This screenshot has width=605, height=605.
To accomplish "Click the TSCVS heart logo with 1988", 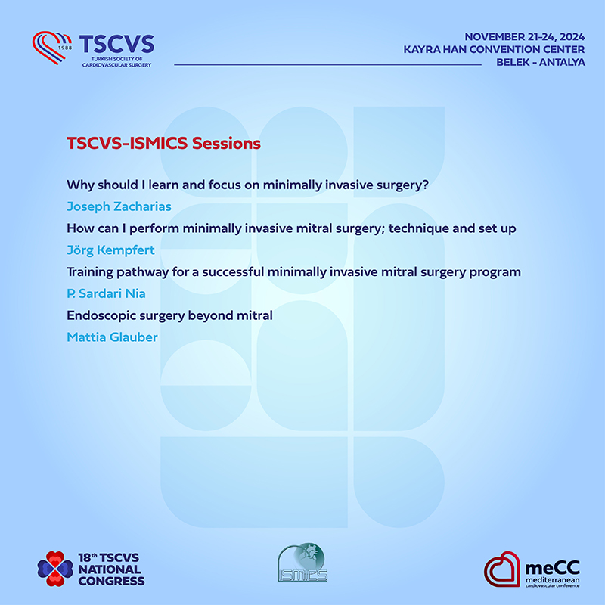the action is click(x=51, y=48).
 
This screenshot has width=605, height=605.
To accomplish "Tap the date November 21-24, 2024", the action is click(x=525, y=37).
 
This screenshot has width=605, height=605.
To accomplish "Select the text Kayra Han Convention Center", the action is click(x=494, y=49).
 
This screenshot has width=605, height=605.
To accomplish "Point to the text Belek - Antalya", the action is click(x=541, y=62).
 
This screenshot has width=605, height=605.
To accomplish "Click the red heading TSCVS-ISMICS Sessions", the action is click(x=163, y=143).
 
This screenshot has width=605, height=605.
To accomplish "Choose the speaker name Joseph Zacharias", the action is click(x=119, y=206).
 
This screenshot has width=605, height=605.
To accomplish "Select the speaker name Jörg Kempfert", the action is click(x=110, y=250).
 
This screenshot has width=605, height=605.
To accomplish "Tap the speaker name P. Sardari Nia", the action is click(x=106, y=293).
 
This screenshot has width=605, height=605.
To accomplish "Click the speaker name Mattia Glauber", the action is click(x=112, y=337).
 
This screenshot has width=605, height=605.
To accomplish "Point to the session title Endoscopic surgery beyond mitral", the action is click(x=169, y=315).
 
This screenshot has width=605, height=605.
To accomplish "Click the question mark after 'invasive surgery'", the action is click(x=425, y=185).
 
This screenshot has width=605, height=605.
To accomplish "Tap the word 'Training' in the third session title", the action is click(x=90, y=272).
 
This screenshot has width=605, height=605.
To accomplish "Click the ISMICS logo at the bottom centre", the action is click(x=302, y=563).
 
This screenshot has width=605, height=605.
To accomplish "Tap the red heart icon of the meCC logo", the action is click(x=502, y=569).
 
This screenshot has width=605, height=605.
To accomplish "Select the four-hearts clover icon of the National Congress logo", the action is click(x=55, y=569).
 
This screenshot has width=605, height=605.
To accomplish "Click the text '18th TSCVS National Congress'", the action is click(x=111, y=569).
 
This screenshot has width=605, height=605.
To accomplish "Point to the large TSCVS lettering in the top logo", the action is click(x=116, y=44).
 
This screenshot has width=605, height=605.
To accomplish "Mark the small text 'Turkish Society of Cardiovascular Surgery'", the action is click(x=116, y=62).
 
